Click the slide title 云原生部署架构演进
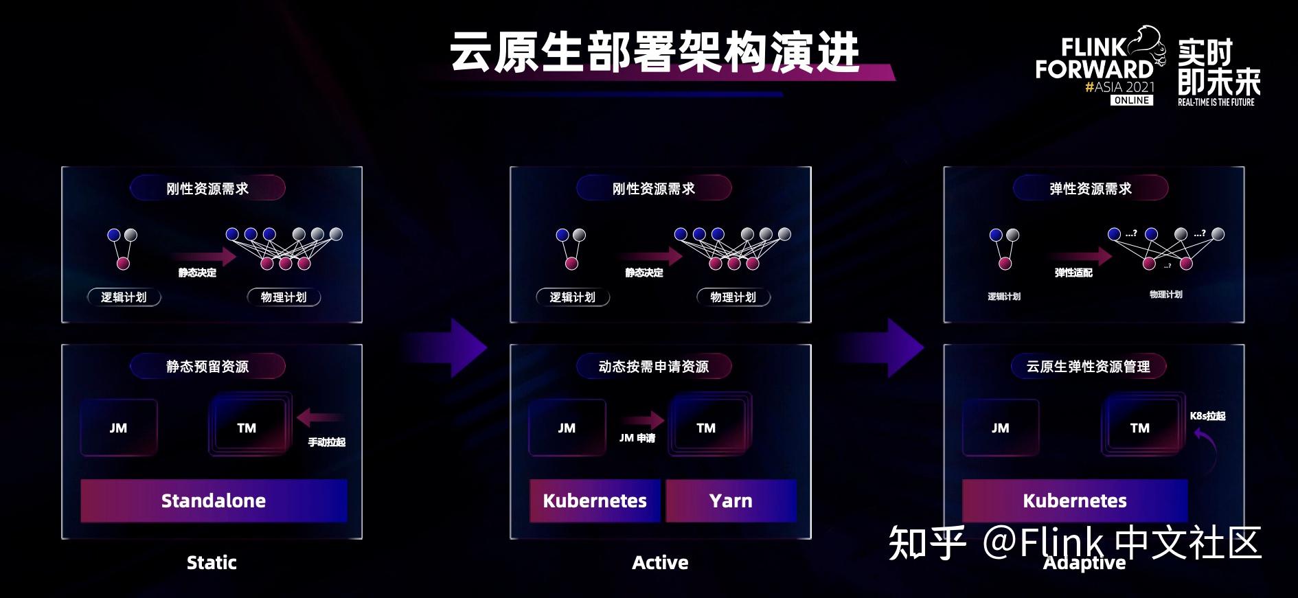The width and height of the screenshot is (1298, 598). [654, 52]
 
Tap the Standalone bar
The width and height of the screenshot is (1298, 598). [214, 501]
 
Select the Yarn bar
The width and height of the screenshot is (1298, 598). [731, 501]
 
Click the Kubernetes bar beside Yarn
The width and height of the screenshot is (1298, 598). [595, 501]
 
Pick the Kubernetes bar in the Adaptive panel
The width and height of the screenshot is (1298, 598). [1075, 501]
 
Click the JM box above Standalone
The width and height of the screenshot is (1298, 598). [118, 428]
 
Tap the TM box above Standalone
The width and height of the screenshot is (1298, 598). [247, 428]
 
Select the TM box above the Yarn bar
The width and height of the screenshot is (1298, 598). [706, 428]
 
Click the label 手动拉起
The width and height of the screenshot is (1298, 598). [326, 442]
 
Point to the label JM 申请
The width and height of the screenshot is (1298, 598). [637, 438]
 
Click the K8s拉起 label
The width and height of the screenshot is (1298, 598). [1207, 416]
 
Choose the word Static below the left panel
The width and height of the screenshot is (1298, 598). [212, 563]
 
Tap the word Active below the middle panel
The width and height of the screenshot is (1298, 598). [660, 563]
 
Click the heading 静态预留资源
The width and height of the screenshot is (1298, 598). [207, 367]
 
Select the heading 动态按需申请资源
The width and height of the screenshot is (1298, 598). [654, 367]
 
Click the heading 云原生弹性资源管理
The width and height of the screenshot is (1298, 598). [1089, 367]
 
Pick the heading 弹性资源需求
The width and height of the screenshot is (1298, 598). [1091, 189]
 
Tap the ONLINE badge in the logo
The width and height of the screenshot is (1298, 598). [1132, 100]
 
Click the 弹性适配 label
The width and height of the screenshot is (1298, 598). [1073, 273]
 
